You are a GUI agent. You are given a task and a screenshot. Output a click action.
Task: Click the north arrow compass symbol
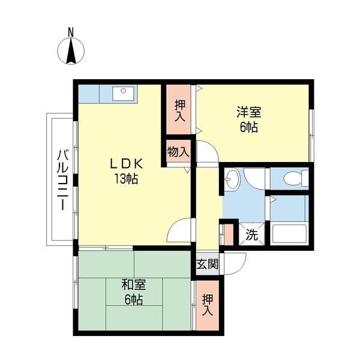click(x=70, y=50)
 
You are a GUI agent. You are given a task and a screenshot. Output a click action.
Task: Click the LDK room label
click(x=125, y=163)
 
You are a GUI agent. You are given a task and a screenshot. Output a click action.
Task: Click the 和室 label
click(x=134, y=284)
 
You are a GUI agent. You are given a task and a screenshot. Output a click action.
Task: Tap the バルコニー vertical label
click(x=61, y=180)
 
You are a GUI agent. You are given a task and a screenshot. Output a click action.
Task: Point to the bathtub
click(x=290, y=233)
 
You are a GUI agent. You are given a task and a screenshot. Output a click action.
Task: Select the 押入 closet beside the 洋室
click(x=179, y=110)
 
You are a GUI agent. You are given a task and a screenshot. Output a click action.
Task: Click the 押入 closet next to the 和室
click(x=208, y=305)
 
